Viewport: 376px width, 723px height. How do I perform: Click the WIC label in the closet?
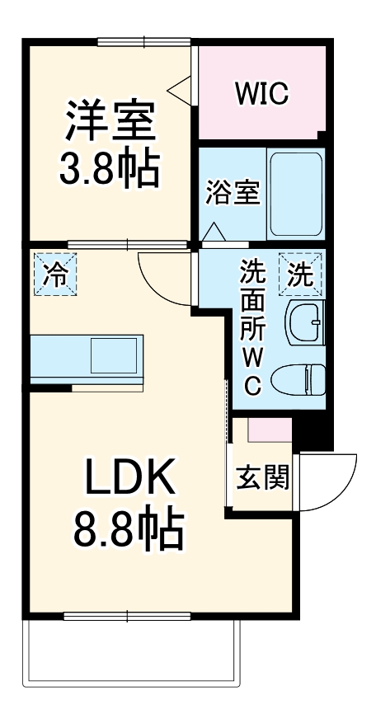point(261,94)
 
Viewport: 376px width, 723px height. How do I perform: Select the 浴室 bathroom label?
point(233,194)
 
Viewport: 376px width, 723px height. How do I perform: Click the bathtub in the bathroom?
point(295,194)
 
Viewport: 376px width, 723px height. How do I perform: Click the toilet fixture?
point(302,380)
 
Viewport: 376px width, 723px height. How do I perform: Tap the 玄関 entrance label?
point(262,477)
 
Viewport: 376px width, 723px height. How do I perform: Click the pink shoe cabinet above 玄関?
point(269,430)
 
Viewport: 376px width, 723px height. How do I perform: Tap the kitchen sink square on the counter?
point(113,354)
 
